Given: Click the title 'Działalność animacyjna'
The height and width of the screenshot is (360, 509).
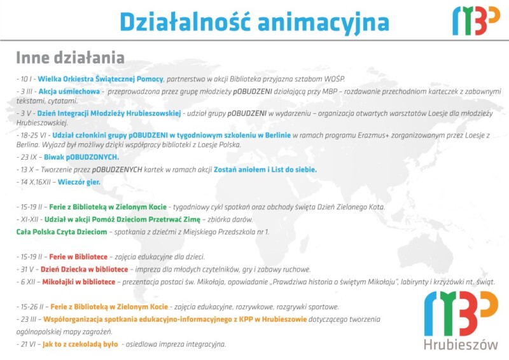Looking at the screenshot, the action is point(254,22).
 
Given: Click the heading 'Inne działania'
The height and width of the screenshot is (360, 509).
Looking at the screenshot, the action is point(71,58).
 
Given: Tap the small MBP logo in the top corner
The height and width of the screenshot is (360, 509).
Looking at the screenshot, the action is point(476,21).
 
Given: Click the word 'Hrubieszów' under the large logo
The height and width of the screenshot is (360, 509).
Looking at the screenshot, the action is point(461,344).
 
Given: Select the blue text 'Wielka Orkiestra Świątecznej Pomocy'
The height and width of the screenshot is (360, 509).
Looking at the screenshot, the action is point(101,79).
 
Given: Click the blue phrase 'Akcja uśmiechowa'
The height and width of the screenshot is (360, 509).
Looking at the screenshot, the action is point(69,92).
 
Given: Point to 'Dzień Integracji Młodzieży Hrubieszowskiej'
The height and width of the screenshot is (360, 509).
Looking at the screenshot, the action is point(109,113).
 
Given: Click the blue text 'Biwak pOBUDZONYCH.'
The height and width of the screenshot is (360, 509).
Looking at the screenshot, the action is point(81,157).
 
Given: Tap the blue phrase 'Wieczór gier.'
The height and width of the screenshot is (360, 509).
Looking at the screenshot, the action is point(79,182).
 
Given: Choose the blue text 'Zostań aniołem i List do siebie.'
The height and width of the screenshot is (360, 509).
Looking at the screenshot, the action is point(265,169).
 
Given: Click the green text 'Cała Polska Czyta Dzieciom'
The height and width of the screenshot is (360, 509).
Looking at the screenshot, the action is point(62,232).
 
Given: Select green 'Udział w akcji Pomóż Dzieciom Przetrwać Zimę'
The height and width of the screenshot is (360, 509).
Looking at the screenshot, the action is point(122,219).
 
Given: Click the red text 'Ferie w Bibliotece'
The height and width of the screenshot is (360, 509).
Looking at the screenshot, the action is point(78,257).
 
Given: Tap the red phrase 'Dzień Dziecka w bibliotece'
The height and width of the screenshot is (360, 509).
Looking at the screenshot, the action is point(85,270).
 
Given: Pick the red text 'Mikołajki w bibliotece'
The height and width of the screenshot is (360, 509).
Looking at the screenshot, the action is point(79,282).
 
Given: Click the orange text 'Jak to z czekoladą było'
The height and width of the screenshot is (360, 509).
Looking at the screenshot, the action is point(80,344).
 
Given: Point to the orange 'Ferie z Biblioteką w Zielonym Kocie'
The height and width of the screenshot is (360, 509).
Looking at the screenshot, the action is point(109,307).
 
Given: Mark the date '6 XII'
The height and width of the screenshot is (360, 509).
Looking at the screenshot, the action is point(28,282).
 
